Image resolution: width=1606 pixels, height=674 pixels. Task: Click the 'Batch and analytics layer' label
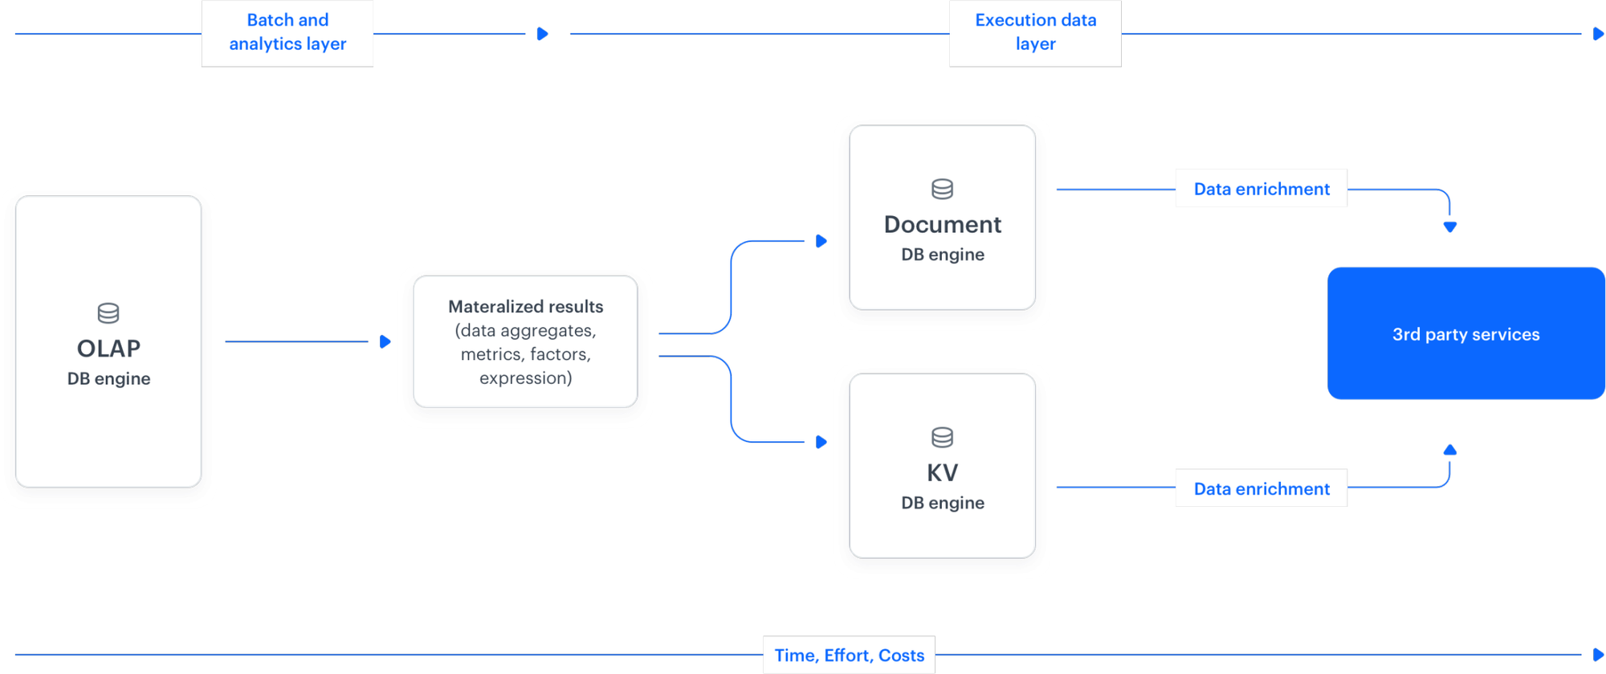(287, 32)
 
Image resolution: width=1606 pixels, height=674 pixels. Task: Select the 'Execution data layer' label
(1035, 32)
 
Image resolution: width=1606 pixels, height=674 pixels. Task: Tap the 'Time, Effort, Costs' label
(849, 655)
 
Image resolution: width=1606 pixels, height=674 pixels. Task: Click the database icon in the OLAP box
(108, 312)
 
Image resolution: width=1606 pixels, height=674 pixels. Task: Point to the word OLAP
(108, 348)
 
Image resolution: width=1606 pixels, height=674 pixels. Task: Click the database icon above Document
(942, 189)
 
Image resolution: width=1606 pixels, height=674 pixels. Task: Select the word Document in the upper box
(942, 224)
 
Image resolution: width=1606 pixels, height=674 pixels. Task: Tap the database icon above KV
(942, 437)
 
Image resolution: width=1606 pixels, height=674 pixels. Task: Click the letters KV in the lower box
(942, 472)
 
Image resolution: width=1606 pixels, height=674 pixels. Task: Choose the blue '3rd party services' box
(1465, 333)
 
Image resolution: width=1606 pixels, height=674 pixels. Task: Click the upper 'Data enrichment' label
(1261, 189)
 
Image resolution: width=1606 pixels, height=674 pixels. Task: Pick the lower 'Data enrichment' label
(1261, 488)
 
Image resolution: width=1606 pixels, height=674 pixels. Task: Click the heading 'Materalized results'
(525, 306)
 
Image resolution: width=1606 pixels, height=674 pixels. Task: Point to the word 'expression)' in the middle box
(525, 378)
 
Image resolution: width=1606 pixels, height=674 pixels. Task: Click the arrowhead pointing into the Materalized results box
(385, 341)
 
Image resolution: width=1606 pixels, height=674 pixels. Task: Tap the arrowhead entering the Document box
(821, 241)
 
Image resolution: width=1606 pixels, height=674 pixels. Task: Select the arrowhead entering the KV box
(821, 442)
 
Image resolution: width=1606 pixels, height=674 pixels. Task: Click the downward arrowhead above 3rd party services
(1449, 227)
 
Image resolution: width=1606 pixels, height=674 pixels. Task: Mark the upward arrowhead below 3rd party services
(1449, 451)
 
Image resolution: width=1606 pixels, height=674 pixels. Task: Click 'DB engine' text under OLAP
(108, 378)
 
